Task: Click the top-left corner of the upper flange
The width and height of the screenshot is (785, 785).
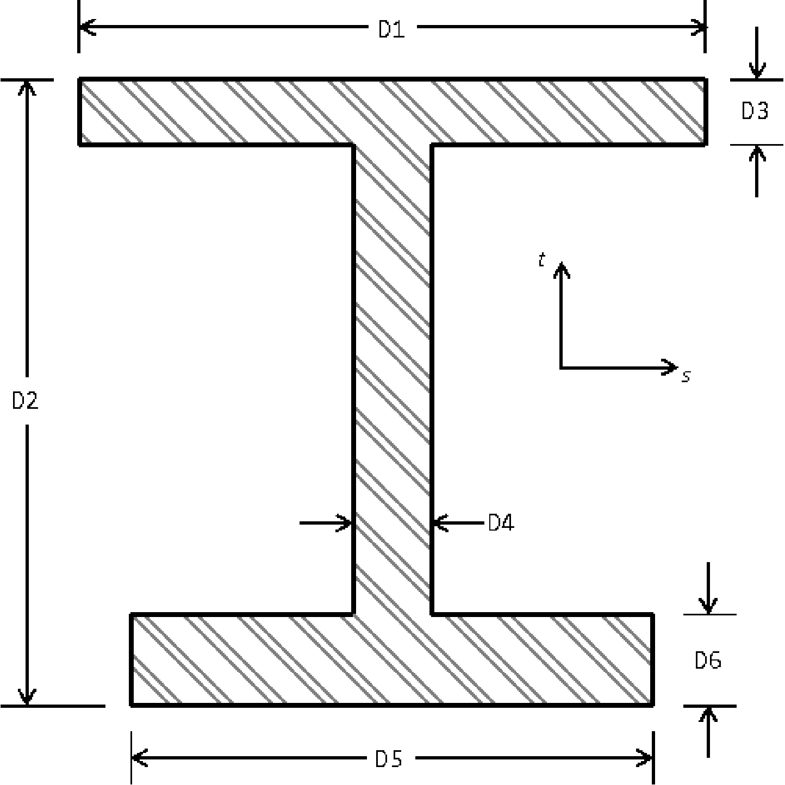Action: point(79,78)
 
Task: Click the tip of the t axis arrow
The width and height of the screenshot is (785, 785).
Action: point(562,263)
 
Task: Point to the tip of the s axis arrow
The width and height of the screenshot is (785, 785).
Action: point(677,367)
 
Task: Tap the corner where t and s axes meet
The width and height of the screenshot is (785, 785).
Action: point(562,367)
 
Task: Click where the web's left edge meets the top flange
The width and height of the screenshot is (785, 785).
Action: point(353,145)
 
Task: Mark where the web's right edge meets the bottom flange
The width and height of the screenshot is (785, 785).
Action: point(432,614)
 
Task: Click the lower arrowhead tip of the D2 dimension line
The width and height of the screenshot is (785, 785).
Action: point(27,704)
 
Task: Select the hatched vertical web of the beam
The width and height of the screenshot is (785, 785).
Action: point(392,379)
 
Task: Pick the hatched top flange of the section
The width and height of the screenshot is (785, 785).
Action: point(392,111)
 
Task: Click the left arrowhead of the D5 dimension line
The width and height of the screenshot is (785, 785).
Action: point(140,758)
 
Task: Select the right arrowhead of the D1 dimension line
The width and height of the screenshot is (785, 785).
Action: point(699,27)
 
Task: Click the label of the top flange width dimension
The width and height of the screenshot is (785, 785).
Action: point(391,29)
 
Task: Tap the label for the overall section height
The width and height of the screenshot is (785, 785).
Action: point(25,401)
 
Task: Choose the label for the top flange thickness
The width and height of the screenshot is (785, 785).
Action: point(755,111)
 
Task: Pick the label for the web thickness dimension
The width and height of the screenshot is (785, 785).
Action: point(501,522)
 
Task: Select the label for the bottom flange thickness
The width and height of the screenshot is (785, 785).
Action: point(708,661)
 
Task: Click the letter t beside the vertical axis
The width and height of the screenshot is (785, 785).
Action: point(542,259)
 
